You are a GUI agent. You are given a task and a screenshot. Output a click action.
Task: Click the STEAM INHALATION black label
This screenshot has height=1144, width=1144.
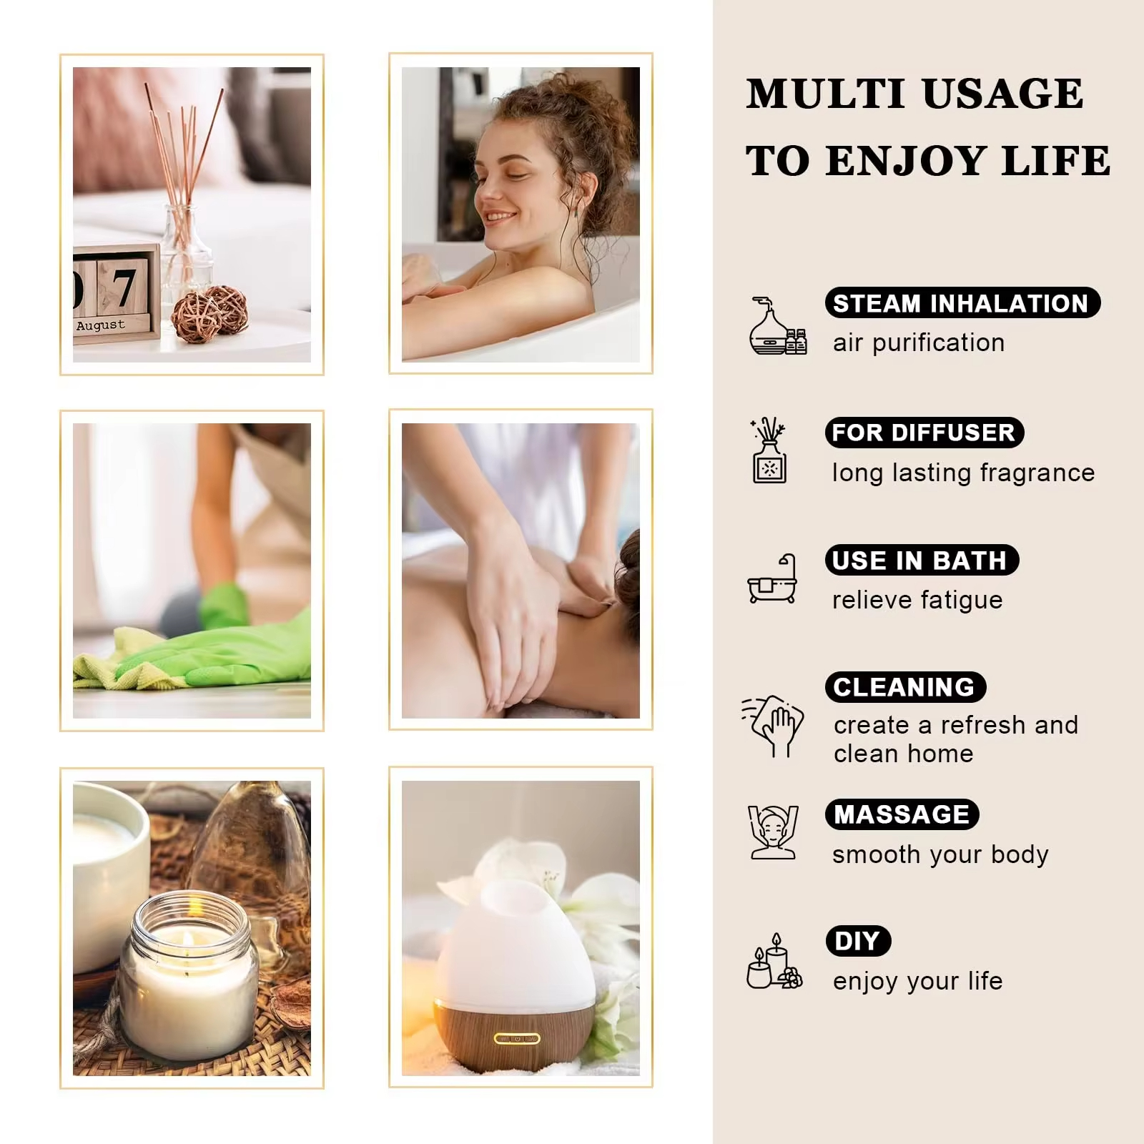click(x=962, y=303)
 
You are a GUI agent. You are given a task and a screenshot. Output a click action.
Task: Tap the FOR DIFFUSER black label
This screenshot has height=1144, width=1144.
click(x=924, y=433)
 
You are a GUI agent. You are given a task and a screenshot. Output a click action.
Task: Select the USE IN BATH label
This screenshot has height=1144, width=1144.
click(x=921, y=560)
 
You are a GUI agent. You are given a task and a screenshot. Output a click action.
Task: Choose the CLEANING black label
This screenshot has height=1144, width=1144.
click(x=905, y=687)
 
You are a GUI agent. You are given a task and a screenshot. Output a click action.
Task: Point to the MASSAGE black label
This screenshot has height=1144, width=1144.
click(x=902, y=814)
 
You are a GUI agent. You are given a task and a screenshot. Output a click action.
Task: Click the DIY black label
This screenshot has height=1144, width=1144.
click(x=858, y=941)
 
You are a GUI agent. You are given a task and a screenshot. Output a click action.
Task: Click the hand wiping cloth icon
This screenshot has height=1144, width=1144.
click(x=772, y=725)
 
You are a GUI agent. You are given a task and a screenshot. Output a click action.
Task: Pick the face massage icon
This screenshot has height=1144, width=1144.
click(x=772, y=832)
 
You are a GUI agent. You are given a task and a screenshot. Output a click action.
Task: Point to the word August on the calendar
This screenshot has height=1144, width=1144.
click(x=101, y=325)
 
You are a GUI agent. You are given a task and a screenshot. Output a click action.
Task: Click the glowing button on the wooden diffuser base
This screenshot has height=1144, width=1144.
click(x=517, y=1038)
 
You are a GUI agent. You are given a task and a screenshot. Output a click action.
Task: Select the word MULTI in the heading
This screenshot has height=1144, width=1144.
click(x=824, y=94)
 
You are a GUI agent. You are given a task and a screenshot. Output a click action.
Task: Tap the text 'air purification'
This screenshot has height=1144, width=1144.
click(x=919, y=343)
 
